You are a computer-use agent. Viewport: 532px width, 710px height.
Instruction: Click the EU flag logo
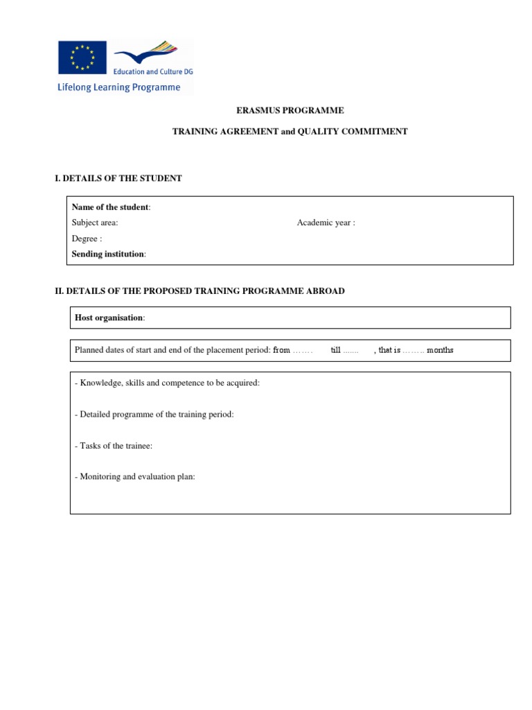[82, 58]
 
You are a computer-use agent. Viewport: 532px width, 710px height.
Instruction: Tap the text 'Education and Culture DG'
[154, 71]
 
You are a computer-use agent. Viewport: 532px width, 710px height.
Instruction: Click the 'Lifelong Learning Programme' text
[118, 88]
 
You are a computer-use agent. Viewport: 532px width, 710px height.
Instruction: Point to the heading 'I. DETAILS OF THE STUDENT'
[118, 178]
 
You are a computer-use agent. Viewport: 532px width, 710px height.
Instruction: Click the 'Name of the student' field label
[110, 207]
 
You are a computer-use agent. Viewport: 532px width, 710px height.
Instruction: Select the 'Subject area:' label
[95, 223]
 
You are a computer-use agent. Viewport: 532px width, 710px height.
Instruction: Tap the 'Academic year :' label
[326, 223]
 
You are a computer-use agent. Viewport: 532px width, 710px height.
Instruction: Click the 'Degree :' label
[87, 239]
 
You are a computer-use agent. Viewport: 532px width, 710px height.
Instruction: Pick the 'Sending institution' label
[108, 254]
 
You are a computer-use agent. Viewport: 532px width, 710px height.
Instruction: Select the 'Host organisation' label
[109, 318]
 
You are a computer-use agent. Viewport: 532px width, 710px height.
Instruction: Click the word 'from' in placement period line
[281, 350]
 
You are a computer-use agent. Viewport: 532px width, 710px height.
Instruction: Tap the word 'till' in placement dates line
[336, 350]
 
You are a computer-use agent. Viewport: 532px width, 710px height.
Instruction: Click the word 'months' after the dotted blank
[440, 350]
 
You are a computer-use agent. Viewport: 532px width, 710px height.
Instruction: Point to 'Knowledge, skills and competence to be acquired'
[167, 383]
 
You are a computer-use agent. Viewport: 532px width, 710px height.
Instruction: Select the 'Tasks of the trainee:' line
[113, 446]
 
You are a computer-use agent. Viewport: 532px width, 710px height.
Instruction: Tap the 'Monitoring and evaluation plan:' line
[135, 477]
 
